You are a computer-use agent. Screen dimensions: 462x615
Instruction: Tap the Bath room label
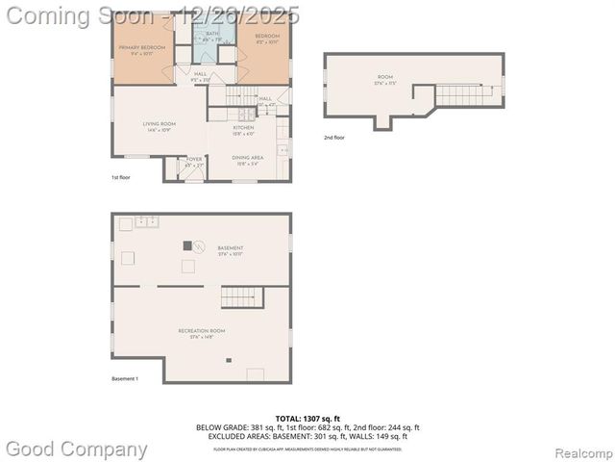[211, 36]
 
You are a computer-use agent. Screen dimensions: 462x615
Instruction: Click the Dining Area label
[248, 160]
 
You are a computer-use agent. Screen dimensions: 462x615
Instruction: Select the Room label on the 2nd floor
[384, 77]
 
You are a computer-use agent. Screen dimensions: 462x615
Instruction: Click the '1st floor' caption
[120, 178]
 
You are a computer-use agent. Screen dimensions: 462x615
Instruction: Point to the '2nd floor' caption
[333, 138]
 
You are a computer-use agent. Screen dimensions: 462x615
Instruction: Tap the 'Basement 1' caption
[125, 378]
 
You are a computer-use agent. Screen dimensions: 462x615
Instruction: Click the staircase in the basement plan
[240, 296]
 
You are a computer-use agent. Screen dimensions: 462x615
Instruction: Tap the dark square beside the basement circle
[186, 245]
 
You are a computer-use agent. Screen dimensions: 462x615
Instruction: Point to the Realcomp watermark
[578, 451]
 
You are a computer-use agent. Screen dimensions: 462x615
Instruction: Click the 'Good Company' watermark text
[77, 449]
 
